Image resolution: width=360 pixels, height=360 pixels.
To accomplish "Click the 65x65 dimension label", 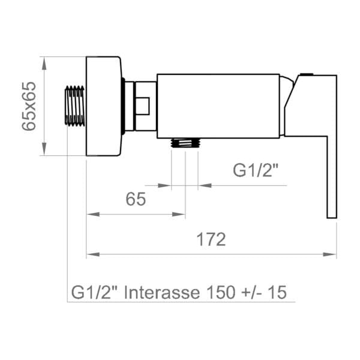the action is coord(29,106).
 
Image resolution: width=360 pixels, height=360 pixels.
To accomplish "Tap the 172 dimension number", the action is coord(211,239).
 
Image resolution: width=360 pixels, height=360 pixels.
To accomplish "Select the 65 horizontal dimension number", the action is coord(136,199).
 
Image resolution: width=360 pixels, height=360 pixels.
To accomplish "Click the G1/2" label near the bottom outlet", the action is coord(256,170).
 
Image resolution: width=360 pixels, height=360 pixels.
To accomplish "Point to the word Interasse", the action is coord(162,292).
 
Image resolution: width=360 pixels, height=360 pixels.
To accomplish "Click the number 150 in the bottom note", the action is coord(221,292).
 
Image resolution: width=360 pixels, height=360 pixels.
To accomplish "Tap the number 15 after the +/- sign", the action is coord(278,292).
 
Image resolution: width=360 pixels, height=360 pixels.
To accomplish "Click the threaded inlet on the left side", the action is coord(74,106).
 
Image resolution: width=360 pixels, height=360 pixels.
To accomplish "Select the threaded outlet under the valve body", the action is coord(186,143).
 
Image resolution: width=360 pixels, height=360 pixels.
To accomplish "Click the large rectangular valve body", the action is coord(218,106).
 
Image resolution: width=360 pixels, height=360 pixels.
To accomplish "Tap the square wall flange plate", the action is coord(104,106).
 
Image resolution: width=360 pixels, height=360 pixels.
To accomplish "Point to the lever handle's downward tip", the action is coord(332,217).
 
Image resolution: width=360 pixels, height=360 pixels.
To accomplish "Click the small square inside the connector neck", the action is coord(143,106).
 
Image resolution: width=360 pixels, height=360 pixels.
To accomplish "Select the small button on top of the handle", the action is coord(307,74).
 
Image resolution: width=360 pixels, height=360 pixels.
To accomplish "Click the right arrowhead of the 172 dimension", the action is coord(329,254).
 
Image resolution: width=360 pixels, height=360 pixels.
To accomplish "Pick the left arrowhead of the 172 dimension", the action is coord(93,254).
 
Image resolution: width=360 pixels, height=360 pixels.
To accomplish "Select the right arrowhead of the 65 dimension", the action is coord(179,214).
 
